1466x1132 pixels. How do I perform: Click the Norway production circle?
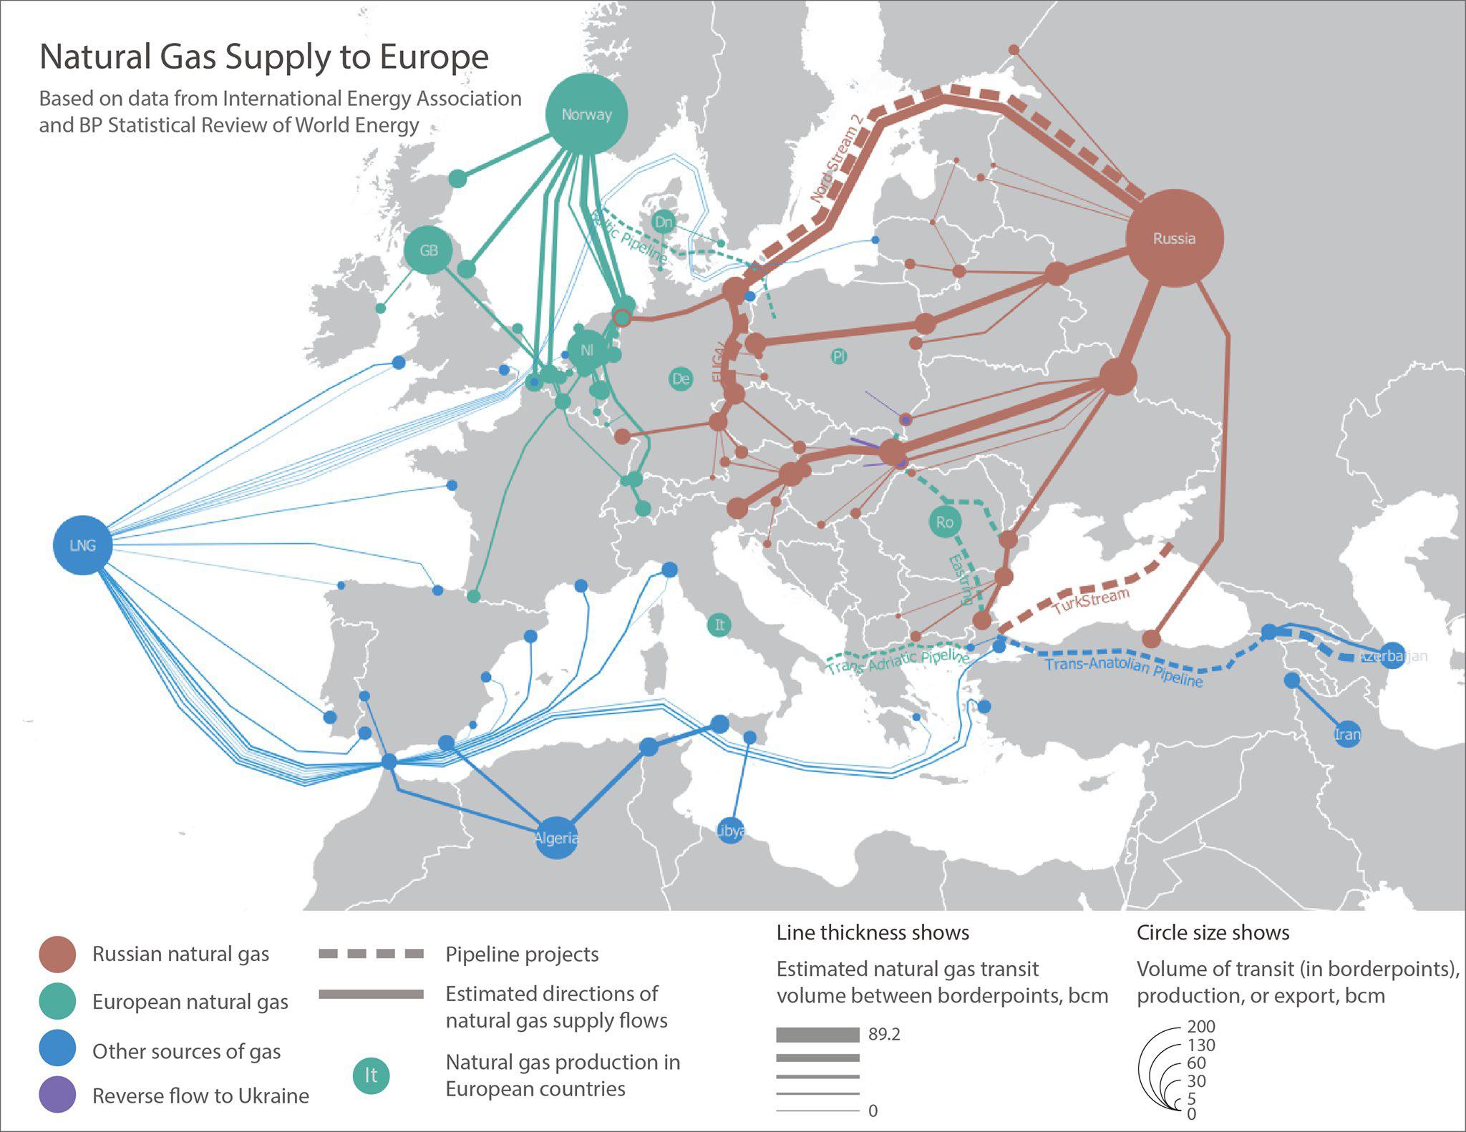coord(586,114)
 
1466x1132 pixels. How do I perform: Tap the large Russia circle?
coord(1174,238)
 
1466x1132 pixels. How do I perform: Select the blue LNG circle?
coord(83,545)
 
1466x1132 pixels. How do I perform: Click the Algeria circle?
coord(556,837)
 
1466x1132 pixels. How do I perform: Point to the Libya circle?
coord(730,830)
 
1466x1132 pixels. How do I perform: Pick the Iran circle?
coord(1347,734)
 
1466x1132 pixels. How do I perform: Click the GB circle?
coord(429,250)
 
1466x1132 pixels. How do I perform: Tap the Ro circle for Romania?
coord(944,522)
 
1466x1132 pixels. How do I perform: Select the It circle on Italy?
coord(719,625)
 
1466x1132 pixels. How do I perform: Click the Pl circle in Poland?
coord(839,356)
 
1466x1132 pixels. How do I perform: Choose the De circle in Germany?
coord(680,379)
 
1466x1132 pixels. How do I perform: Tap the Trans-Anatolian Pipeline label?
coord(1124,671)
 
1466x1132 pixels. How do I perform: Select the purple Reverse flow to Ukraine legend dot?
coord(57,1095)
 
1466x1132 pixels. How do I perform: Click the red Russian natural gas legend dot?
coord(57,954)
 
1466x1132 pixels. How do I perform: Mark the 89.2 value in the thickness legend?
coord(884,1034)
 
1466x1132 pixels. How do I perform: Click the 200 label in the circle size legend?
coord(1200,1026)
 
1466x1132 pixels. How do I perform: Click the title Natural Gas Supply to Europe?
coord(263,57)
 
